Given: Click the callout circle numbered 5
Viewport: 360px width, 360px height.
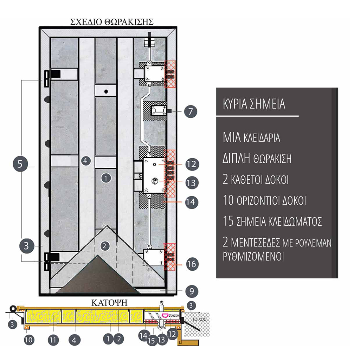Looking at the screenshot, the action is click(x=20, y=164).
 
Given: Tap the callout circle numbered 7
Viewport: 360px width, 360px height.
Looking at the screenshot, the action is click(x=191, y=111).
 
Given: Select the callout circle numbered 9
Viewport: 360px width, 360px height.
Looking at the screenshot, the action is click(x=192, y=291).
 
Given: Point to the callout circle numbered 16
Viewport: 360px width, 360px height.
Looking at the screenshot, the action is click(x=192, y=264).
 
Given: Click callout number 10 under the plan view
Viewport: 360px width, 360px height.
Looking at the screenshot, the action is click(x=29, y=340).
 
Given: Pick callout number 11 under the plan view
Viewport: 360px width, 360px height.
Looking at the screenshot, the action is click(x=53, y=340).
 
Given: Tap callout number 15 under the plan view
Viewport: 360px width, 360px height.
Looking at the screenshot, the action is click(x=151, y=340).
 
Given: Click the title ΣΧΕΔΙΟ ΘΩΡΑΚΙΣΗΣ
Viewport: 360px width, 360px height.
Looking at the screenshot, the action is click(x=112, y=22).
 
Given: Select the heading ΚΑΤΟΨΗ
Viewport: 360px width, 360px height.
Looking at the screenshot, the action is click(x=109, y=303).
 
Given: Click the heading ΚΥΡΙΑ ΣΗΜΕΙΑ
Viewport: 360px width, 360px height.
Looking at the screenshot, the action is click(x=254, y=104).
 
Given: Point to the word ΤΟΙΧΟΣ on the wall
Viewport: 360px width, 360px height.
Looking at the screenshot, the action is click(x=199, y=319).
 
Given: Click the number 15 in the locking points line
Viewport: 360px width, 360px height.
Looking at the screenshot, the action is click(x=228, y=221).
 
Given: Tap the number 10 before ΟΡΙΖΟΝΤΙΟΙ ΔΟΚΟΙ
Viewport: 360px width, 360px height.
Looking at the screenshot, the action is click(x=228, y=200).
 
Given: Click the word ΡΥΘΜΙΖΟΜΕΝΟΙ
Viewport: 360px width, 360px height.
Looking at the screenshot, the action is click(x=253, y=256).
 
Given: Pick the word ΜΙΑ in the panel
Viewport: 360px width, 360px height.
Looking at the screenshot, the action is click(x=232, y=137).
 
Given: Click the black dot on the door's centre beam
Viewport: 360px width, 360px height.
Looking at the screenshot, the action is click(x=106, y=91).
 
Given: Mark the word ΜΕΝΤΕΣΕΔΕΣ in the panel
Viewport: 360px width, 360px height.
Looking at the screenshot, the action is click(x=255, y=243).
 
